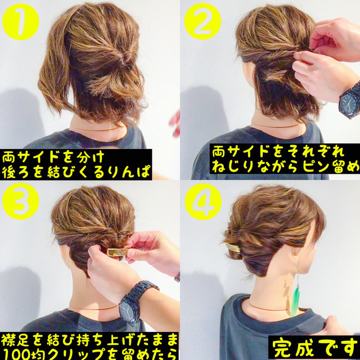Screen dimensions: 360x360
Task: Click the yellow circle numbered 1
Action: tap(21, 22)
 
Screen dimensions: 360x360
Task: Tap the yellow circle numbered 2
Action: tap(202, 21)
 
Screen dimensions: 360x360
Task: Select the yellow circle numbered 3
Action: tap(21, 201)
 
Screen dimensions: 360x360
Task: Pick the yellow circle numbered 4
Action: tap(203, 202)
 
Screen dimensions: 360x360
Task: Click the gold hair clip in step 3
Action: tap(118, 251)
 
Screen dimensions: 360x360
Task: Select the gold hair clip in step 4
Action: tap(233, 247)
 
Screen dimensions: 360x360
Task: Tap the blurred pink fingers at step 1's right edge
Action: tap(175, 123)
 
